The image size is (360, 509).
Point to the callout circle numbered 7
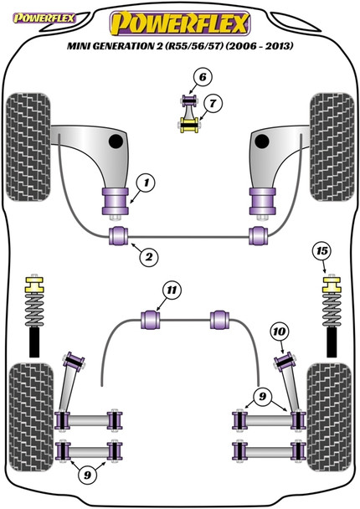click(x=214, y=105)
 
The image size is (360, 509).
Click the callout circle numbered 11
click(x=172, y=290)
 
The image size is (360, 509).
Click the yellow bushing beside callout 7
click(x=192, y=127)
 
